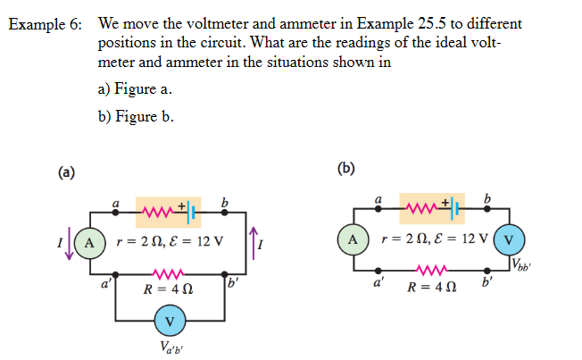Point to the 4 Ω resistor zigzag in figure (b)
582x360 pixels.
(x=432, y=269)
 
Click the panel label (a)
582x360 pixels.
(x=67, y=172)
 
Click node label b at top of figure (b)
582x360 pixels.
(x=486, y=197)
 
